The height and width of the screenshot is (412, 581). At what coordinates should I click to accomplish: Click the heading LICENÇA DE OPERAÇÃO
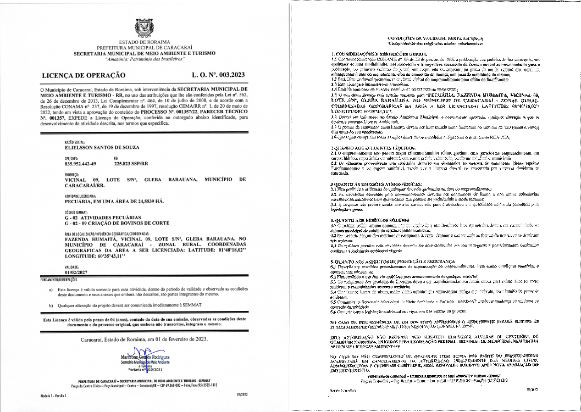point(84,75)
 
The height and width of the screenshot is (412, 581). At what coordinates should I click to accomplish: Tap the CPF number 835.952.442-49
point(80,164)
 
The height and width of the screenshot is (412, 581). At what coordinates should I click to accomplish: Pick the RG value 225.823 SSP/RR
point(134,164)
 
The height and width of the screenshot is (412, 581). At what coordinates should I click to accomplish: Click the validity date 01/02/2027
point(75,272)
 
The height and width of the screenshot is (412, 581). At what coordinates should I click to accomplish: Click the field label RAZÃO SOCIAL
point(74,141)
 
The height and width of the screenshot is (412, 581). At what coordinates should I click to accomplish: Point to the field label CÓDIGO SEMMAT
point(78,211)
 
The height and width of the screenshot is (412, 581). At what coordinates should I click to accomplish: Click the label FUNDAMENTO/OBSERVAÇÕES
point(64,280)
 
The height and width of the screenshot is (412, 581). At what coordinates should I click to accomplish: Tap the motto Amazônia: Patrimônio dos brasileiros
point(145,59)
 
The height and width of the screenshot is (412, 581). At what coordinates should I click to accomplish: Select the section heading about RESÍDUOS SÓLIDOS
point(365,220)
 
